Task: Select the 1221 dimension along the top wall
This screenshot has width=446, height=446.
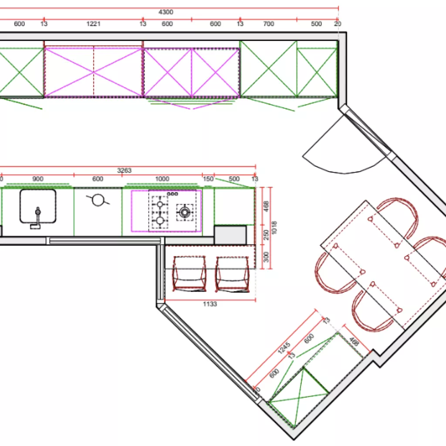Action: click(x=93, y=24)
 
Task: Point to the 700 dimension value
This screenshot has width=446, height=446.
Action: click(x=269, y=24)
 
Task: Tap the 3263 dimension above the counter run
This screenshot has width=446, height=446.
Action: click(x=124, y=171)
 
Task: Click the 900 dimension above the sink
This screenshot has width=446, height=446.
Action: click(x=38, y=179)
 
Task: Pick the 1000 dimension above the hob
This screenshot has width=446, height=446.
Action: click(x=162, y=179)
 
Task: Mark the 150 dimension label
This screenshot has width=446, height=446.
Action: click(x=208, y=179)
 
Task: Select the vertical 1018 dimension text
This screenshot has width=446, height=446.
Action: click(x=274, y=227)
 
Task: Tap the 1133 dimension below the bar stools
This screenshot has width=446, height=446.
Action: click(x=210, y=304)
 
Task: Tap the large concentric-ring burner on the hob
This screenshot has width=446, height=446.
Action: click(x=185, y=212)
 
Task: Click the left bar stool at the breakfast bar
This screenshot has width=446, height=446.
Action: click(x=189, y=274)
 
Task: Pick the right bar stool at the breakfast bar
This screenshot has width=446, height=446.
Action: click(x=233, y=274)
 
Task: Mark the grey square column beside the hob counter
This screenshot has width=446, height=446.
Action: click(x=230, y=235)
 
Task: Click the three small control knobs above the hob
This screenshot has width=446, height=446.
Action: click(x=173, y=193)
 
